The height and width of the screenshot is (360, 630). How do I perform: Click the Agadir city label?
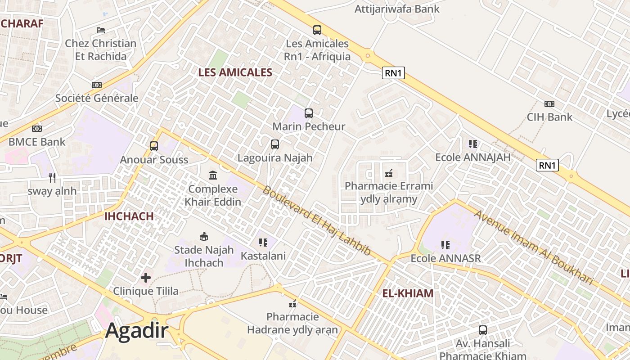coord(137,331)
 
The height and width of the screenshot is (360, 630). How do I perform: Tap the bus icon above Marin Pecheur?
coord(309,113)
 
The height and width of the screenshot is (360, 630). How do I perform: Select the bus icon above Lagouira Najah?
coord(275,144)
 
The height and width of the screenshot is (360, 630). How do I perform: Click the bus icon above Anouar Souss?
coord(154,146)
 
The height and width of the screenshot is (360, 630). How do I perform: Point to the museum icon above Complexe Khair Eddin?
coord(213,175)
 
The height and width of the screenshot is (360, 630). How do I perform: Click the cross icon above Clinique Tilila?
coord(146,278)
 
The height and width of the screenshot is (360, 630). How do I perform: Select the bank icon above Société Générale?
coord(97,85)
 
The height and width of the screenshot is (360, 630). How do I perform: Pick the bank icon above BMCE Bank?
coord(37,129)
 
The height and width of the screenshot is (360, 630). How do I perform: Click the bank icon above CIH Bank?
coord(549,104)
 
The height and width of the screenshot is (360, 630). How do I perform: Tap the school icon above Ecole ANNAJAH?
coord(472,144)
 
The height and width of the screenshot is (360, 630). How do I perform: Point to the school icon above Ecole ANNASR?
coord(445,245)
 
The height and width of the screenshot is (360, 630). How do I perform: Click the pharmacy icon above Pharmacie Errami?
coord(389,172)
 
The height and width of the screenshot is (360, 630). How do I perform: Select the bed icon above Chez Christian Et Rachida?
coord(101,30)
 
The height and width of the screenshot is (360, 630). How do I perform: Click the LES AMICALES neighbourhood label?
coord(235,72)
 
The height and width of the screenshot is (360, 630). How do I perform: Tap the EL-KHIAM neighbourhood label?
coord(408,293)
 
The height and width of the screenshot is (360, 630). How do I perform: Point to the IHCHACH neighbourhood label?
coord(129,216)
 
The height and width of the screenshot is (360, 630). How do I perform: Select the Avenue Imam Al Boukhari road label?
coord(534,247)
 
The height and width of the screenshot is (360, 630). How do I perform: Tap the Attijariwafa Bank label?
coord(397,9)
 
